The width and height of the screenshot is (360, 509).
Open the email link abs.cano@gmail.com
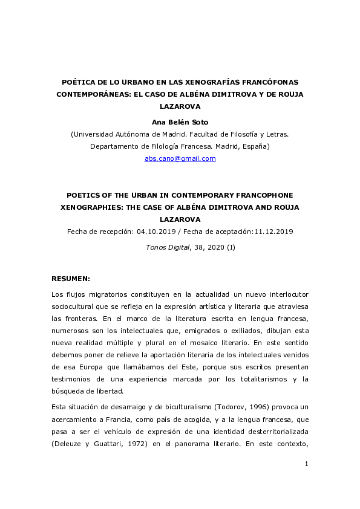(180, 158)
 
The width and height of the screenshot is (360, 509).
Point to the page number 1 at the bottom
(307, 481)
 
